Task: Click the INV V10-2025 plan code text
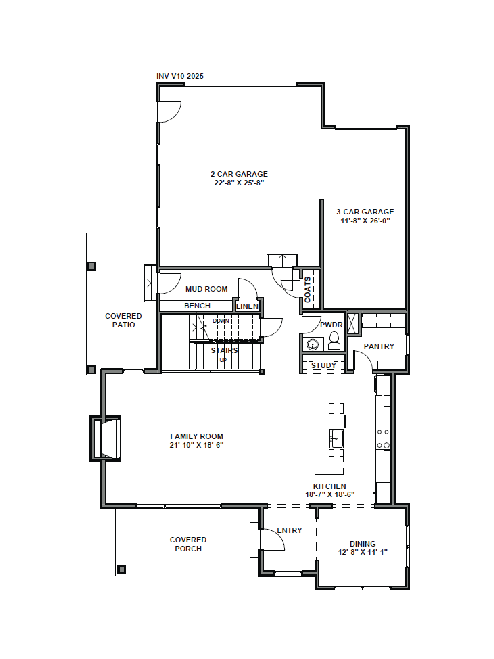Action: click(180, 76)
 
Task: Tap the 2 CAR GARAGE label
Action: click(239, 174)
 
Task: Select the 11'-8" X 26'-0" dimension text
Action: click(365, 221)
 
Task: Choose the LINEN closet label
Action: click(247, 307)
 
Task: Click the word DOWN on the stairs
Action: click(221, 321)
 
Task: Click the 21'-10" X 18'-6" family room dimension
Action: click(197, 445)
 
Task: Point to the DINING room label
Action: click(362, 544)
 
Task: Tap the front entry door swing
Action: click(272, 539)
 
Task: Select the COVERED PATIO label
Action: click(123, 320)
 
